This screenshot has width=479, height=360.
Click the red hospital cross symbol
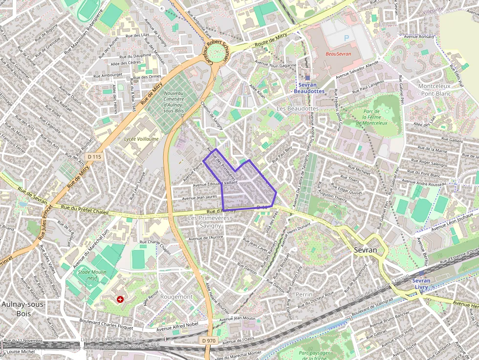tap(120, 299)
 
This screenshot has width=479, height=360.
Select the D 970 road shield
tap(208, 339)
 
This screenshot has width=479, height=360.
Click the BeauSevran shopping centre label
tap(339, 54)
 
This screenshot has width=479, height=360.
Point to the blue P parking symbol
tap(347, 38)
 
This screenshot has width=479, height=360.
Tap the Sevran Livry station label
tap(421, 284)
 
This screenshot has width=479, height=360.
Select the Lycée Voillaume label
tap(141, 139)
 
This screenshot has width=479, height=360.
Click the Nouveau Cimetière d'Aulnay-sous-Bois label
tap(173, 102)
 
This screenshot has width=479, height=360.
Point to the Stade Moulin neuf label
tap(92, 275)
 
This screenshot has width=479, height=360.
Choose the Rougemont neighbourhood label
tap(176, 297)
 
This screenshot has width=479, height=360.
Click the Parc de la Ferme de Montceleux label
tap(375, 117)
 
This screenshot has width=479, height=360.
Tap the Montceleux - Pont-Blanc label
tap(435, 89)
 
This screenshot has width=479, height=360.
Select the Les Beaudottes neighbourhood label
tap(297, 108)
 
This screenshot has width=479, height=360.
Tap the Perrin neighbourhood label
tap(304, 295)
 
